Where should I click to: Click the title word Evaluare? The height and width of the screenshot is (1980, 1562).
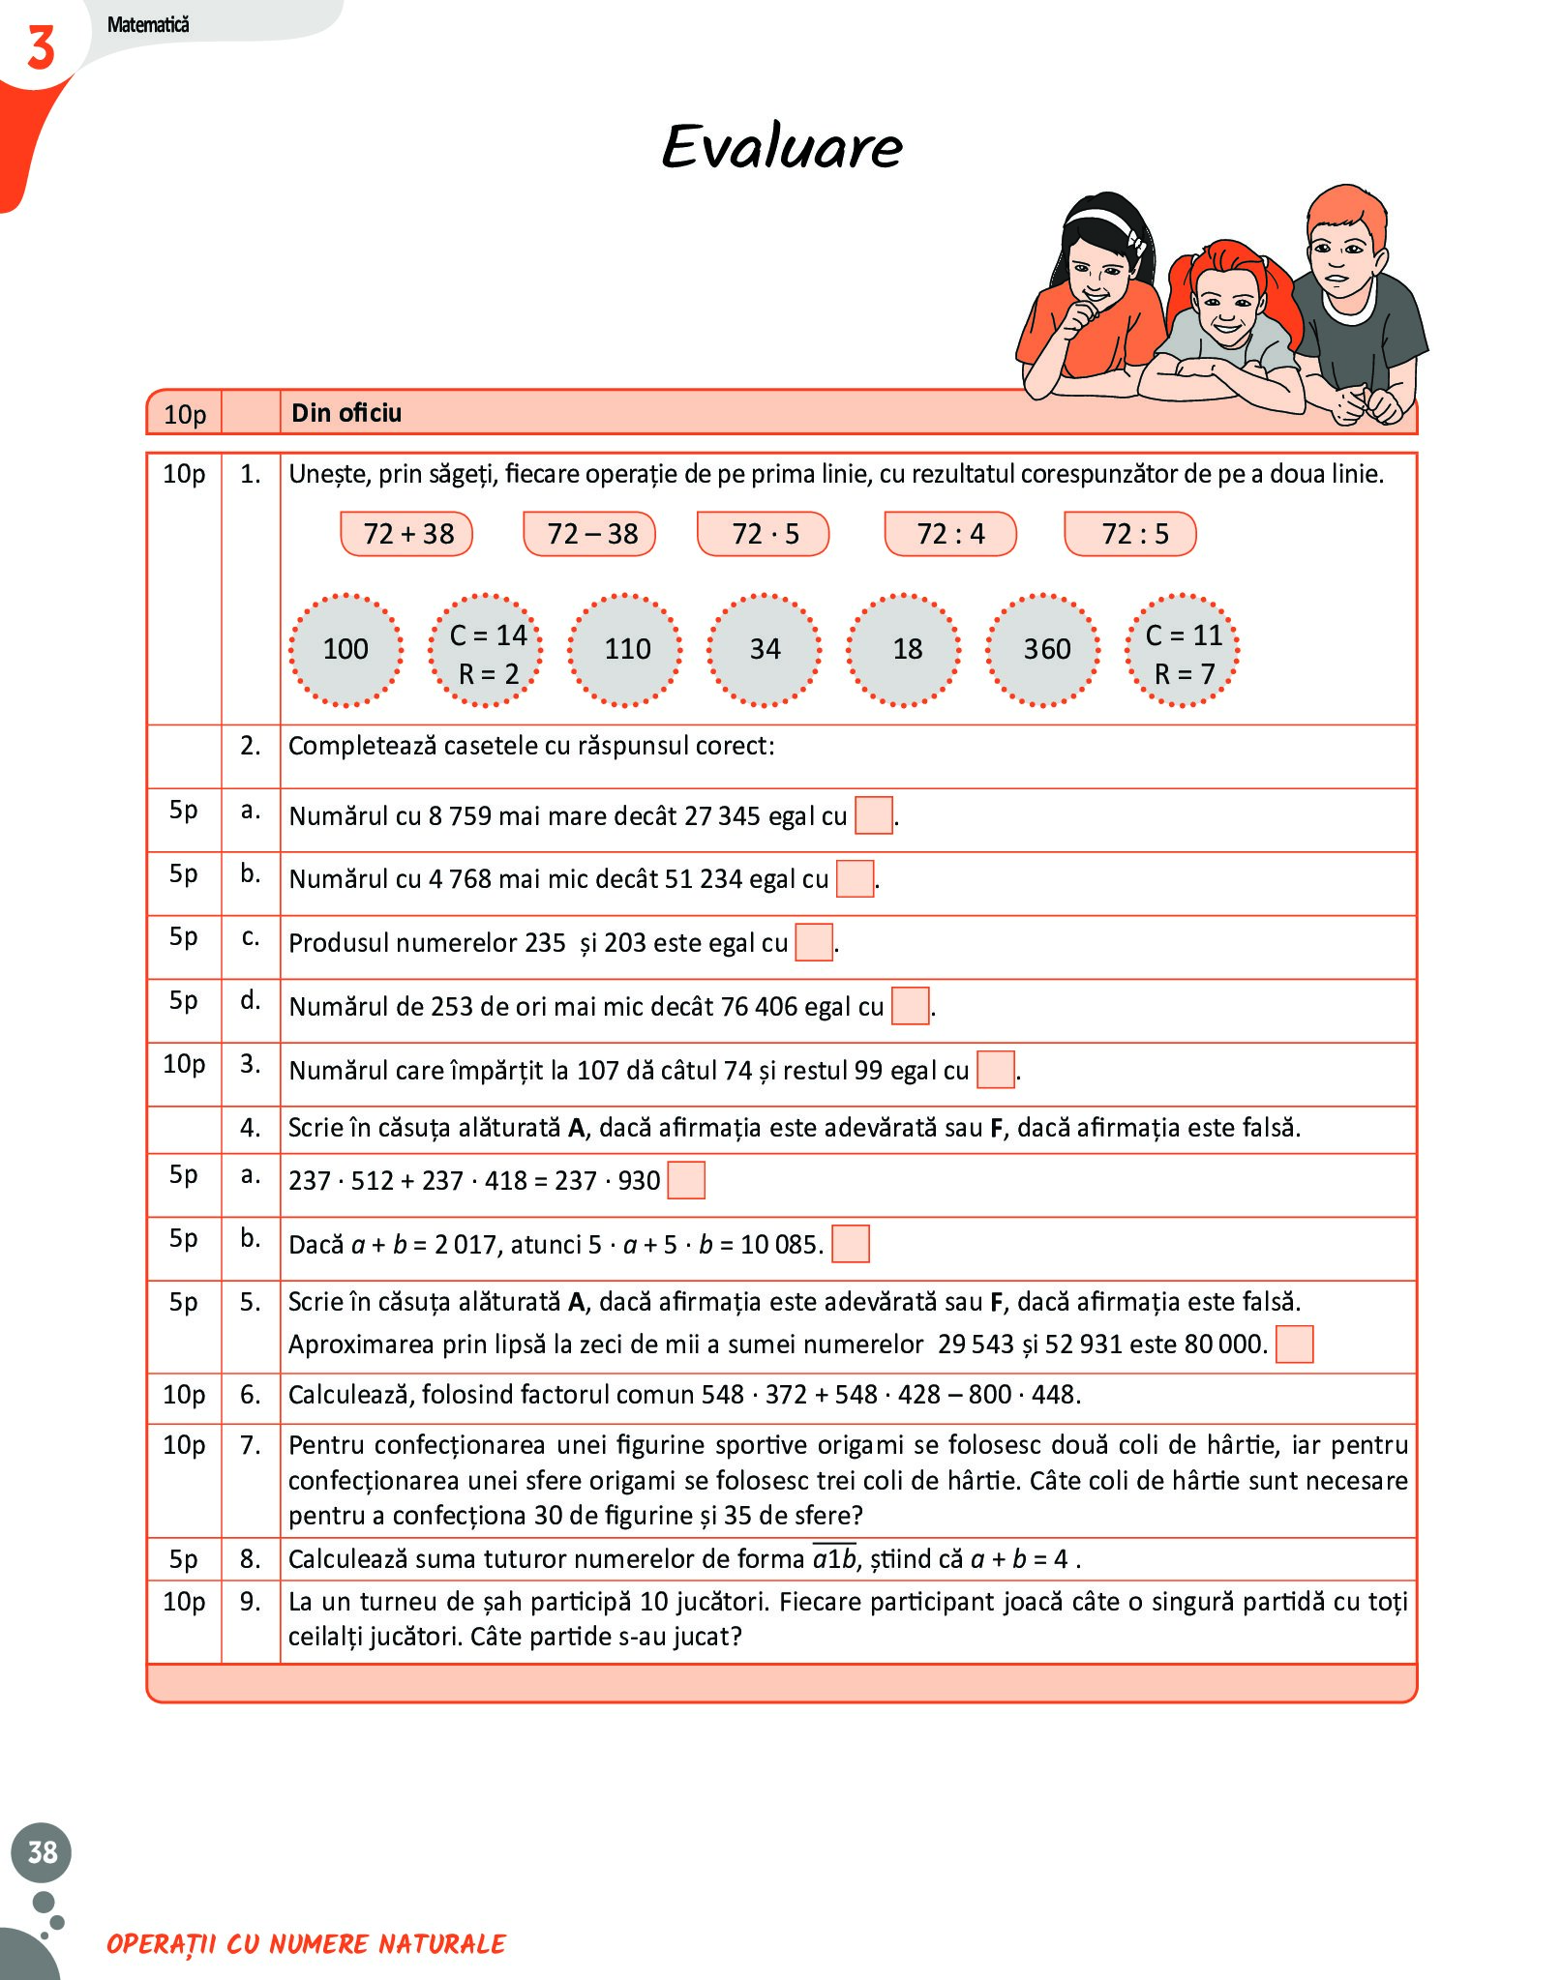point(782,147)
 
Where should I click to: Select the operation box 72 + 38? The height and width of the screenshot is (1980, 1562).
point(407,534)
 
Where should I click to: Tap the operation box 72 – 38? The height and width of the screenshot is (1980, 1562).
point(590,534)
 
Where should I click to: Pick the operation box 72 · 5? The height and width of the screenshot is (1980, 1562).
point(765,534)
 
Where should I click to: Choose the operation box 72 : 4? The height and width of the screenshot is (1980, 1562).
point(950,534)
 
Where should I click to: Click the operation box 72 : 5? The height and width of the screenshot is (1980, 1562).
point(1131,534)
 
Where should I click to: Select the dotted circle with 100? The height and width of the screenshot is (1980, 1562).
point(345,649)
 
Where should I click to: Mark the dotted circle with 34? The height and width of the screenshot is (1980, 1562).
point(765,649)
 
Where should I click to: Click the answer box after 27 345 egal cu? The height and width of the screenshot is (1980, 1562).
point(874,815)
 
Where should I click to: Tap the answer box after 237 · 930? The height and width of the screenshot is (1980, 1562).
point(686,1180)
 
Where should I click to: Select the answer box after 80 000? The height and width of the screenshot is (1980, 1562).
point(1294,1344)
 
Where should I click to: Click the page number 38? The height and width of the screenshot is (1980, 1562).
point(42,1851)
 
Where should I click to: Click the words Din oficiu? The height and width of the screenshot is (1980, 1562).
point(346,413)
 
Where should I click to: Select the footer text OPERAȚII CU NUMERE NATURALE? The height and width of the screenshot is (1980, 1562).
point(307,1943)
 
